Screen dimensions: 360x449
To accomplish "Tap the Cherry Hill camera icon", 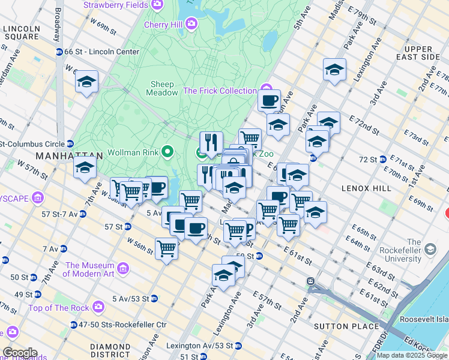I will (191, 25).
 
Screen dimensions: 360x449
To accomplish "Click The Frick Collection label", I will (220, 91).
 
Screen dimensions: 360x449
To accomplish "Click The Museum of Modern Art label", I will (89, 269).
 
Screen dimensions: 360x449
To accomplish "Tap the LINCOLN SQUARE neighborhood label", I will (21, 32).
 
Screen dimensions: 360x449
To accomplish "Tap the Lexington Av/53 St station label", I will (200, 346).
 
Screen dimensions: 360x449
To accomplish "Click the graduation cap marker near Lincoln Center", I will (86, 82).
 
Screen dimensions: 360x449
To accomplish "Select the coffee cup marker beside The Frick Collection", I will (269, 100).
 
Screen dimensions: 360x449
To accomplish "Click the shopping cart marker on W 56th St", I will (166, 248).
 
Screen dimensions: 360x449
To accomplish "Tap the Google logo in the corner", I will (20, 353).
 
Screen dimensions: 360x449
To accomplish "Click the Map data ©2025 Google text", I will (411, 355).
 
